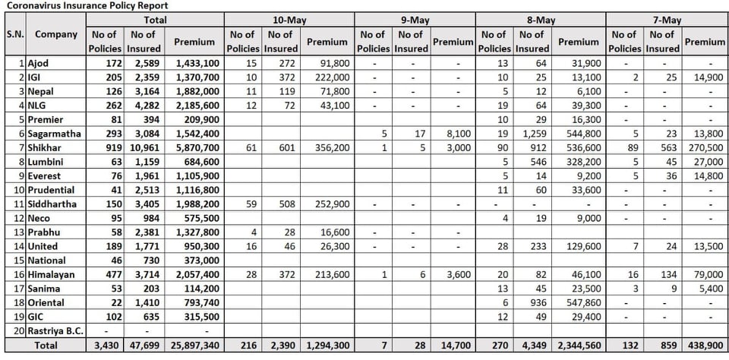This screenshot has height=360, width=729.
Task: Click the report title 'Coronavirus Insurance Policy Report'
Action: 85,5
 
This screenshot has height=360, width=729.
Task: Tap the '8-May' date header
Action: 540,20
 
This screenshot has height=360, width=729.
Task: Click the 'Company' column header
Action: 56,34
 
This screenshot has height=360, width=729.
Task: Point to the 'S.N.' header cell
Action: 15,34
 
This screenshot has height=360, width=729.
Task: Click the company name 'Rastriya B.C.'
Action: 55,330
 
